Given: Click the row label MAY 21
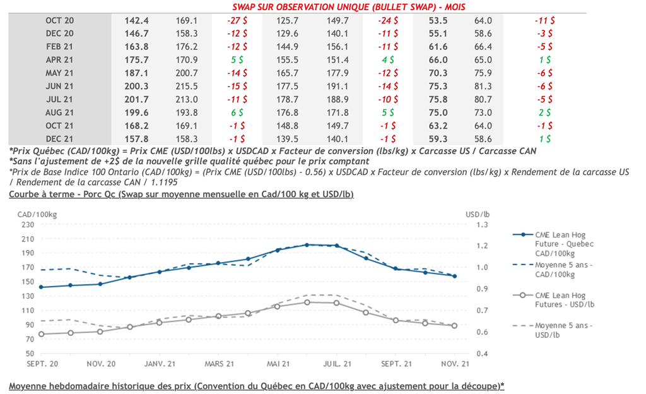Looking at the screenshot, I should click(60, 73).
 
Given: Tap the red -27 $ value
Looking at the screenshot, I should click(237, 20).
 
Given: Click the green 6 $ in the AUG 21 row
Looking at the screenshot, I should click(237, 112).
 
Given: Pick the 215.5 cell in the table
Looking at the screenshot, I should click(187, 86).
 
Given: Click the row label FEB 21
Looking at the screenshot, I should click(60, 47).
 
